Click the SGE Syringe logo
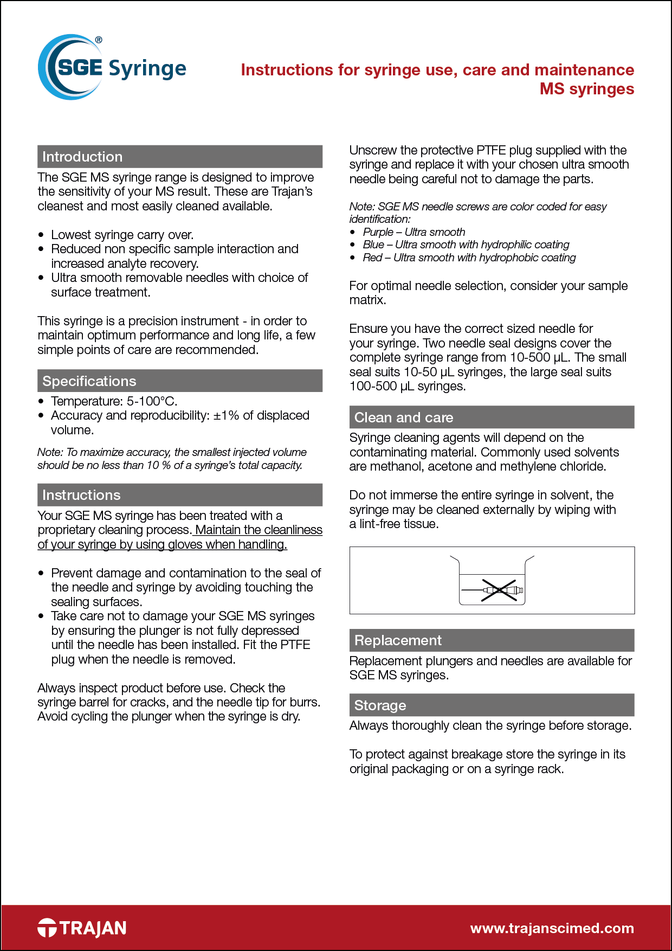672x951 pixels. point(112,68)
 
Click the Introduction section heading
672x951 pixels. point(82,157)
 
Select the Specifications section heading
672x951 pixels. point(89,381)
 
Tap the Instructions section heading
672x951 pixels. point(81,495)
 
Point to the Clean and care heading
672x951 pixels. point(403,417)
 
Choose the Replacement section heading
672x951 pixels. point(398,640)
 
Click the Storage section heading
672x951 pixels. point(380,705)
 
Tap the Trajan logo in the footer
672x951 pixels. point(82,928)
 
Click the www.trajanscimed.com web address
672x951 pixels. point(552,928)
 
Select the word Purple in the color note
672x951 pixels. point(378,232)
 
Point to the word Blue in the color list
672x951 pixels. point(373,245)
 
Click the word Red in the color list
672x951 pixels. point(372,258)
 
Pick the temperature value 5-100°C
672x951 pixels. point(152,401)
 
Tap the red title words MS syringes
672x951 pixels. point(586,89)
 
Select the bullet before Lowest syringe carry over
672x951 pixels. point(41,235)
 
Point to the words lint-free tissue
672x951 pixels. point(398,524)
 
